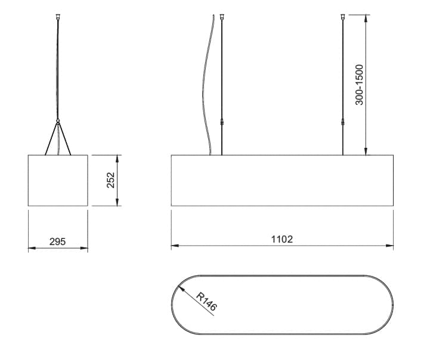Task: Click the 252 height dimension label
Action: pos(110,180)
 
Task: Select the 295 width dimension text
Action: pos(57,241)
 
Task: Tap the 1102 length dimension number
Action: pos(282,239)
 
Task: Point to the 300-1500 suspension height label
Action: pos(360,85)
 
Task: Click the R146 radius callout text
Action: pos(207,302)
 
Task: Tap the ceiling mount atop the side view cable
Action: pos(57,17)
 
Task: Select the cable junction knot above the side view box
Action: pos(58,120)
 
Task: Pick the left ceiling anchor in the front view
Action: pos(222,17)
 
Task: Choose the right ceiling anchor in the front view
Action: pos(342,17)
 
